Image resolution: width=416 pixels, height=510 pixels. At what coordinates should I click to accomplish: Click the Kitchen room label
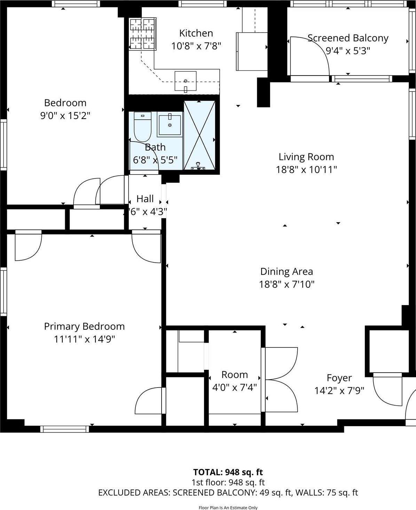(x=196, y=33)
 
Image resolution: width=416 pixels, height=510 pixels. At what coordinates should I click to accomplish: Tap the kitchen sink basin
(x=185, y=81)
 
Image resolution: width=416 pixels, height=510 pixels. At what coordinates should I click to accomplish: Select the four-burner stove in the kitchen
(x=142, y=34)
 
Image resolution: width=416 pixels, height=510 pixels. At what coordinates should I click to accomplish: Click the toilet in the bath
(x=142, y=126)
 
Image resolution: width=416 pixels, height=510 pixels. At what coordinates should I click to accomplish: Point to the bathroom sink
(x=170, y=124)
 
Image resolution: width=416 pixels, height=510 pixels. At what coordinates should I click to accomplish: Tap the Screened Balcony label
(x=348, y=38)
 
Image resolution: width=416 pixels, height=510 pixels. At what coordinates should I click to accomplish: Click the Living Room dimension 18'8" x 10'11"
(x=306, y=170)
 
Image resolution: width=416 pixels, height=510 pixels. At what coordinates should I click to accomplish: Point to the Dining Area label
(x=287, y=271)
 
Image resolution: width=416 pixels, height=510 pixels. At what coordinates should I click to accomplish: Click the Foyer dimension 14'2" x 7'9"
(x=339, y=391)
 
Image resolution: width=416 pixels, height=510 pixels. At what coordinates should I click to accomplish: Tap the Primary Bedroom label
(x=84, y=326)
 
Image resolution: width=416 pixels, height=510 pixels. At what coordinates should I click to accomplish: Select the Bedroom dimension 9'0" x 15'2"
(x=65, y=115)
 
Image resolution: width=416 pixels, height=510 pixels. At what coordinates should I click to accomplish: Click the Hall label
(x=145, y=199)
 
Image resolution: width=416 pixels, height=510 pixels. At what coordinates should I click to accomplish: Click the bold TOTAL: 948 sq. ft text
(x=228, y=472)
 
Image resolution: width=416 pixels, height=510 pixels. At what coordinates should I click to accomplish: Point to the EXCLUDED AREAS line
(x=228, y=493)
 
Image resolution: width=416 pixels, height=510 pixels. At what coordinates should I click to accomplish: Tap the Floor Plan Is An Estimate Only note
(x=228, y=508)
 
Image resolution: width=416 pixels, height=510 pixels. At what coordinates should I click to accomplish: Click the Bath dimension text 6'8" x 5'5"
(x=155, y=160)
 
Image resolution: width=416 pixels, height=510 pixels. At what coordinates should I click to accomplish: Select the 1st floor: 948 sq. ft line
(x=228, y=483)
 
